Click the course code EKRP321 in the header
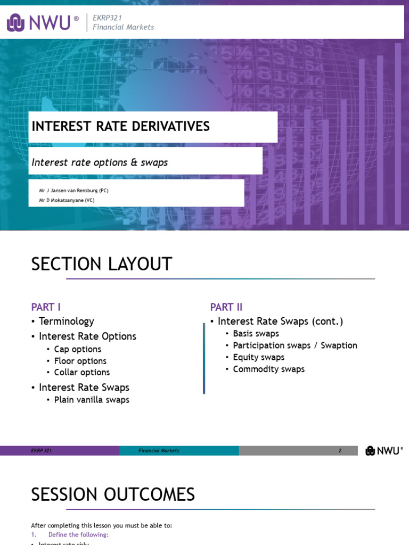(108, 18)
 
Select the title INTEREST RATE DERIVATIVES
(121, 127)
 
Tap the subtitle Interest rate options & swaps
(100, 162)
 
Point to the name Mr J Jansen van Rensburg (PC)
(73, 191)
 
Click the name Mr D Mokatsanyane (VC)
(67, 200)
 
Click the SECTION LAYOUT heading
(101, 264)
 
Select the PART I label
(46, 307)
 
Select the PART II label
(226, 307)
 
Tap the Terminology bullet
(66, 321)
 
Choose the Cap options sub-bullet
(77, 349)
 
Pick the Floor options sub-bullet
(80, 361)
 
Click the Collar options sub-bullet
(81, 373)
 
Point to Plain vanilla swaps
(92, 400)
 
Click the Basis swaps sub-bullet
(256, 334)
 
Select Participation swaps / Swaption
(295, 345)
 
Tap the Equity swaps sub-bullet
(258, 357)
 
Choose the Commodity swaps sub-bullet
(268, 369)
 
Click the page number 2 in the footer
(340, 451)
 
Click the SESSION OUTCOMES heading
(113, 495)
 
